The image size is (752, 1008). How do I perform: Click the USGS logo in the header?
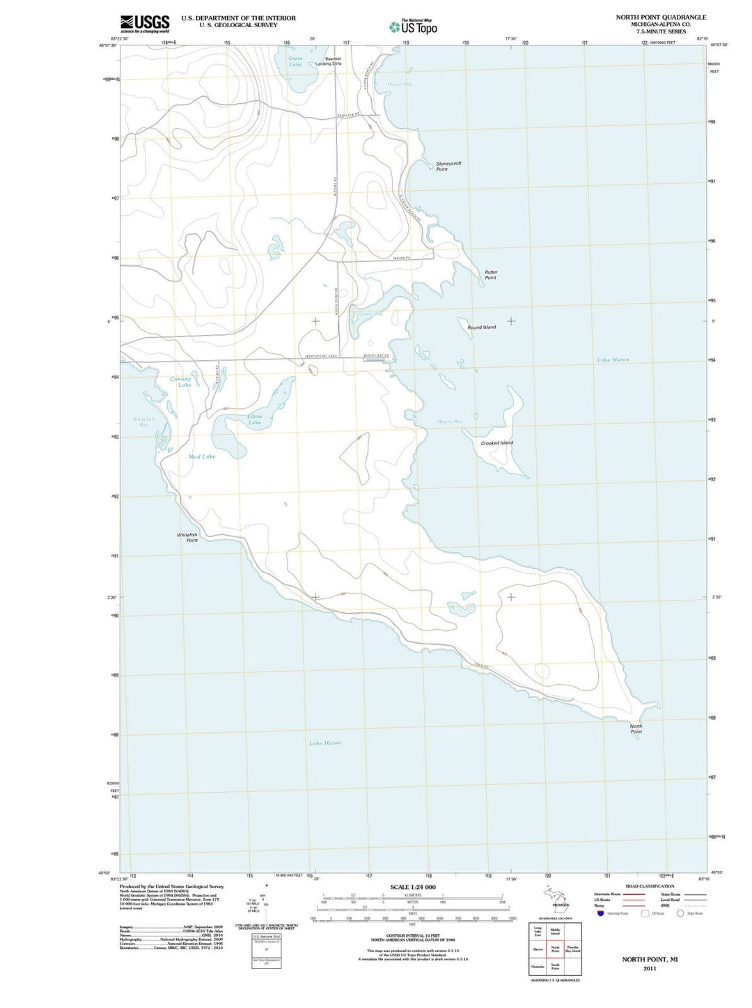pos(144,24)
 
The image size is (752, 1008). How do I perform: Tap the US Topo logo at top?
pos(414,27)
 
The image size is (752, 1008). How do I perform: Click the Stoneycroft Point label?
pos(448,166)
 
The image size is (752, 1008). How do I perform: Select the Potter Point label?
pos(491,274)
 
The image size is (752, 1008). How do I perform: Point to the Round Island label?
pos(482,327)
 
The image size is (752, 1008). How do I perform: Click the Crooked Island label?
pos(497,443)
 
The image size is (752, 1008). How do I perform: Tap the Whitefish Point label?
pos(187,537)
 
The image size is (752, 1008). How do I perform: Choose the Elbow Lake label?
pos(255,419)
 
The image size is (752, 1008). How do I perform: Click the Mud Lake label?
pos(202,456)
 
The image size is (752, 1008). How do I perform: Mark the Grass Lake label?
pos(295,61)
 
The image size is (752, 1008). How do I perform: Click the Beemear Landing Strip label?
pos(329,61)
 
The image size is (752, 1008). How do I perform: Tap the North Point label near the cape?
pos(636,729)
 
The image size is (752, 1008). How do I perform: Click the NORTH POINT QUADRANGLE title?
pos(661,17)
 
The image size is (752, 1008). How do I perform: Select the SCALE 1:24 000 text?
pos(413,887)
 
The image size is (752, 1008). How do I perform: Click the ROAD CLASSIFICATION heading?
pos(650,886)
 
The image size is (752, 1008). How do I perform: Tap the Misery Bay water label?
pos(449,421)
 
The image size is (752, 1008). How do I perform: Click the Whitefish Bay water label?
pos(143,421)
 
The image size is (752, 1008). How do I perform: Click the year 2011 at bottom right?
pos(650,968)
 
